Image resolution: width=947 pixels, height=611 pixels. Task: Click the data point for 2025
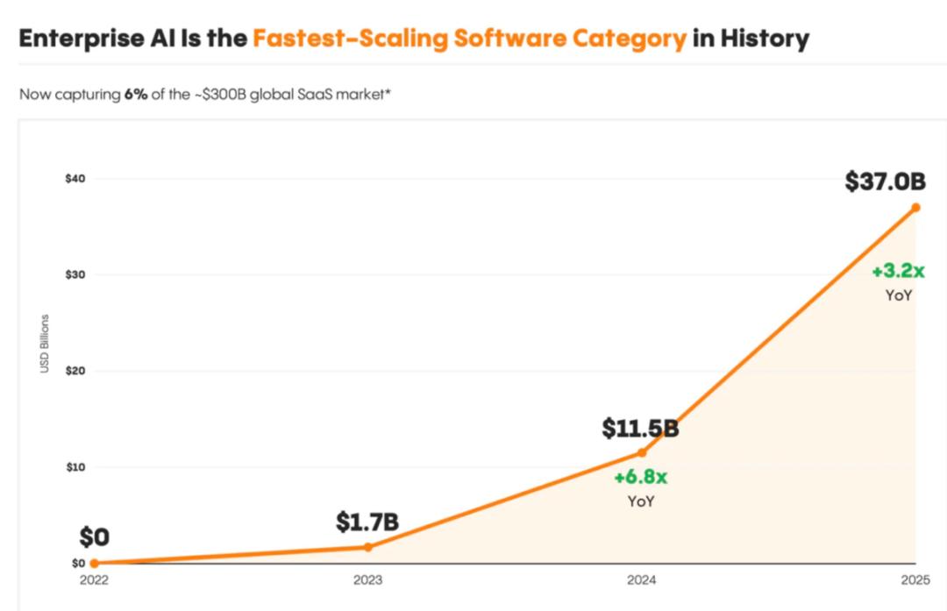[915, 208]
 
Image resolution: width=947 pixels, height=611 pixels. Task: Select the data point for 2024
[641, 452]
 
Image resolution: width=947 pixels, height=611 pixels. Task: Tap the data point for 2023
[367, 547]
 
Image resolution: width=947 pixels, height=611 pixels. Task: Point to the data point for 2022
[94, 563]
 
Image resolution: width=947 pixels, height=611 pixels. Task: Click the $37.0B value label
[885, 181]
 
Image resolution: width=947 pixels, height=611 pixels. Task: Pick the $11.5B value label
[640, 429]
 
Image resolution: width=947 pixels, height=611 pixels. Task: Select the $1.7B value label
[367, 522]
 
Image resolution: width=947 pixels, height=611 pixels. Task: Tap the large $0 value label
[94, 537]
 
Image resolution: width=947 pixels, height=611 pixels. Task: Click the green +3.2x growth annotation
[898, 272]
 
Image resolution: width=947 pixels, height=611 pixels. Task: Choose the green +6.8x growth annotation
[640, 478]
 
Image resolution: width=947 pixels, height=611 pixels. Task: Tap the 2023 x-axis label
[367, 580]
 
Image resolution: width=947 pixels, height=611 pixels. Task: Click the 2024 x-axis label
[641, 580]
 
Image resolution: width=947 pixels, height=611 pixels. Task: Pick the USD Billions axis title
[45, 344]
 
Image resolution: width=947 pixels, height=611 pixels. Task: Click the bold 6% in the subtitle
[136, 94]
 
